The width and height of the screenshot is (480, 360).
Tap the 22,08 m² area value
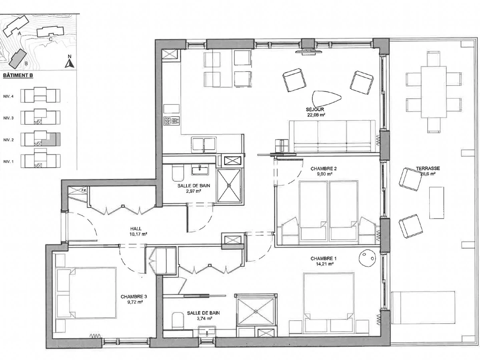pyautogui.click(x=315, y=114)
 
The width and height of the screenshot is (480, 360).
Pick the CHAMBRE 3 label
pyautogui.click(x=134, y=297)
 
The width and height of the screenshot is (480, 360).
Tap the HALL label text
pyautogui.click(x=136, y=229)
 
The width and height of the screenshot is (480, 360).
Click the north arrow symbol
pyautogui.click(x=70, y=64)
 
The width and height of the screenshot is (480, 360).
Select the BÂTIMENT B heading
pyautogui.click(x=18, y=76)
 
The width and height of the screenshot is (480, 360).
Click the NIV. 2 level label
pyautogui.click(x=8, y=140)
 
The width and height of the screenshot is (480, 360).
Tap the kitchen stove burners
pyautogui.click(x=172, y=121)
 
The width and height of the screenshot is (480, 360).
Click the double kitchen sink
pyautogui.click(x=204, y=144)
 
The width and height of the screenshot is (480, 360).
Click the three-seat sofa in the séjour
pyautogui.click(x=332, y=136)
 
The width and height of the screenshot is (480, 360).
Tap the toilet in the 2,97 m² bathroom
pyautogui.click(x=178, y=173)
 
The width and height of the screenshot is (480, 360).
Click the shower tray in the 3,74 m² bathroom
pyautogui.click(x=256, y=311)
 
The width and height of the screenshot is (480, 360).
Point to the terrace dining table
pyautogui.click(x=434, y=92)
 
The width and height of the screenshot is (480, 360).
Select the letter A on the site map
pyautogui.click(x=20, y=34)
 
